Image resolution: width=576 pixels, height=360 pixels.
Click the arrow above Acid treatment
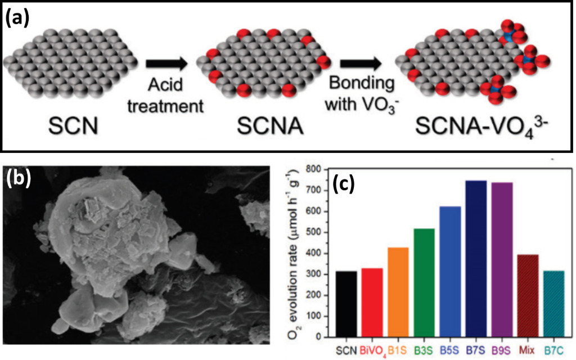coord(166,64)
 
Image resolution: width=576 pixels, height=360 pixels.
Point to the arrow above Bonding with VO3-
coord(361,64)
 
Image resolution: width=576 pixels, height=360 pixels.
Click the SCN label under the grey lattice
coord(73,126)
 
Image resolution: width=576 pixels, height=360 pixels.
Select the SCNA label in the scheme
coord(270,126)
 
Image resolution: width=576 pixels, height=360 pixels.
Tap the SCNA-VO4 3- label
coord(481,125)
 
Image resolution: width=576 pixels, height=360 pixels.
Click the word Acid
coord(165,85)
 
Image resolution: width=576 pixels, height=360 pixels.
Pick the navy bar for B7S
coord(476,259)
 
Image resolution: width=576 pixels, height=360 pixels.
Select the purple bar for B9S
coord(502,260)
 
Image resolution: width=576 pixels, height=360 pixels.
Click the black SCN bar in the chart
coord(346,304)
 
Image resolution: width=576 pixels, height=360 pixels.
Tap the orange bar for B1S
coord(398,292)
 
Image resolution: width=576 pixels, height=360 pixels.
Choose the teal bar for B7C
coord(553,304)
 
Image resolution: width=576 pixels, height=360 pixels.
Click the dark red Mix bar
coord(528,296)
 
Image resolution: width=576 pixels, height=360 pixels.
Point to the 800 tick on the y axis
coord(322,169)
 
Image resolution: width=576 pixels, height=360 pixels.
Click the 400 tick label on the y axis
coord(322,253)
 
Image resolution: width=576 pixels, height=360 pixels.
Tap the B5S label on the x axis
coord(449,350)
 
